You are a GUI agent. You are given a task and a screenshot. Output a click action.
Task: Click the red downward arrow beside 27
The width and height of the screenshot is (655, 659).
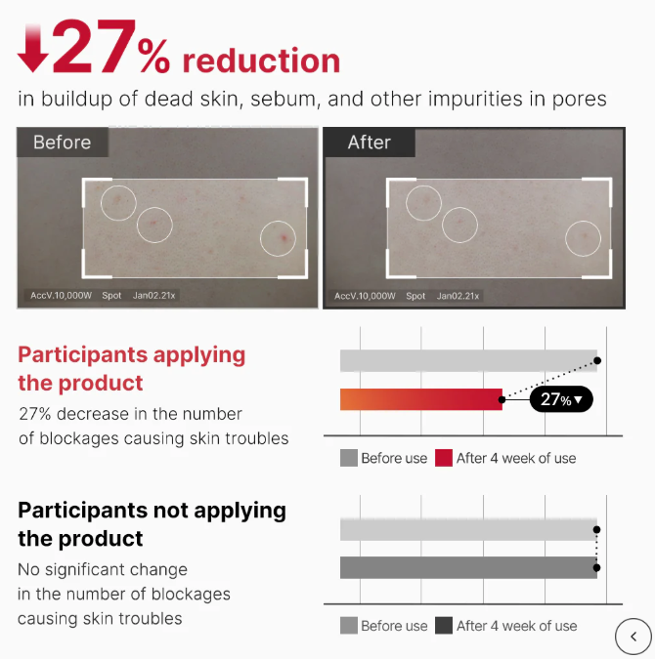[32, 49]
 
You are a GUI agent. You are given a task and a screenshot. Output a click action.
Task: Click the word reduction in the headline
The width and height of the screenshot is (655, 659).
[261, 61]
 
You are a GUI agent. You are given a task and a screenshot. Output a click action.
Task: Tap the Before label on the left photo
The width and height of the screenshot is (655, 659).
[63, 143]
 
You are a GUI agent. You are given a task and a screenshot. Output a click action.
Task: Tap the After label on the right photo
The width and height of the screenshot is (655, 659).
[370, 143]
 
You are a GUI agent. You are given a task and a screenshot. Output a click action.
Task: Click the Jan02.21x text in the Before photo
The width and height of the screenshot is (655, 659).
[154, 296]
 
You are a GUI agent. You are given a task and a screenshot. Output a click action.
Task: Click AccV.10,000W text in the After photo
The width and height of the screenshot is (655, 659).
[365, 296]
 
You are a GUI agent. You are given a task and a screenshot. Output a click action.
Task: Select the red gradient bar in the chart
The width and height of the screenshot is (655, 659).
[421, 399]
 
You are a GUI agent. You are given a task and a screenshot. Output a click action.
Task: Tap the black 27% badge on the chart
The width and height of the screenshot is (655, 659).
[561, 399]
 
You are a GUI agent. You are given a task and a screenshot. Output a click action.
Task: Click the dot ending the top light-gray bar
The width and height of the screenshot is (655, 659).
[597, 360]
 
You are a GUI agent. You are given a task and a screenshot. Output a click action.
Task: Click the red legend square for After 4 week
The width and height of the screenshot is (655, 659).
[444, 458]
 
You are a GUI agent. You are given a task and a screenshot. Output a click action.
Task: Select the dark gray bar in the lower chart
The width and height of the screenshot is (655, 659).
[468, 567]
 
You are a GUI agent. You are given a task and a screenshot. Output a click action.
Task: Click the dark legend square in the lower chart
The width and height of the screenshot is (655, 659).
[444, 626]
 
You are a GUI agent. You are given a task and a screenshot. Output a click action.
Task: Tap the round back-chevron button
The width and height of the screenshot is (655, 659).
[633, 637]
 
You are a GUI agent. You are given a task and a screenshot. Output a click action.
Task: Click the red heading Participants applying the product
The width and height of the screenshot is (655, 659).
[131, 369]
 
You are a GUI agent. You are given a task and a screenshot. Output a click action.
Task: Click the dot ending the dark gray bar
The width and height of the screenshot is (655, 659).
[596, 568]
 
